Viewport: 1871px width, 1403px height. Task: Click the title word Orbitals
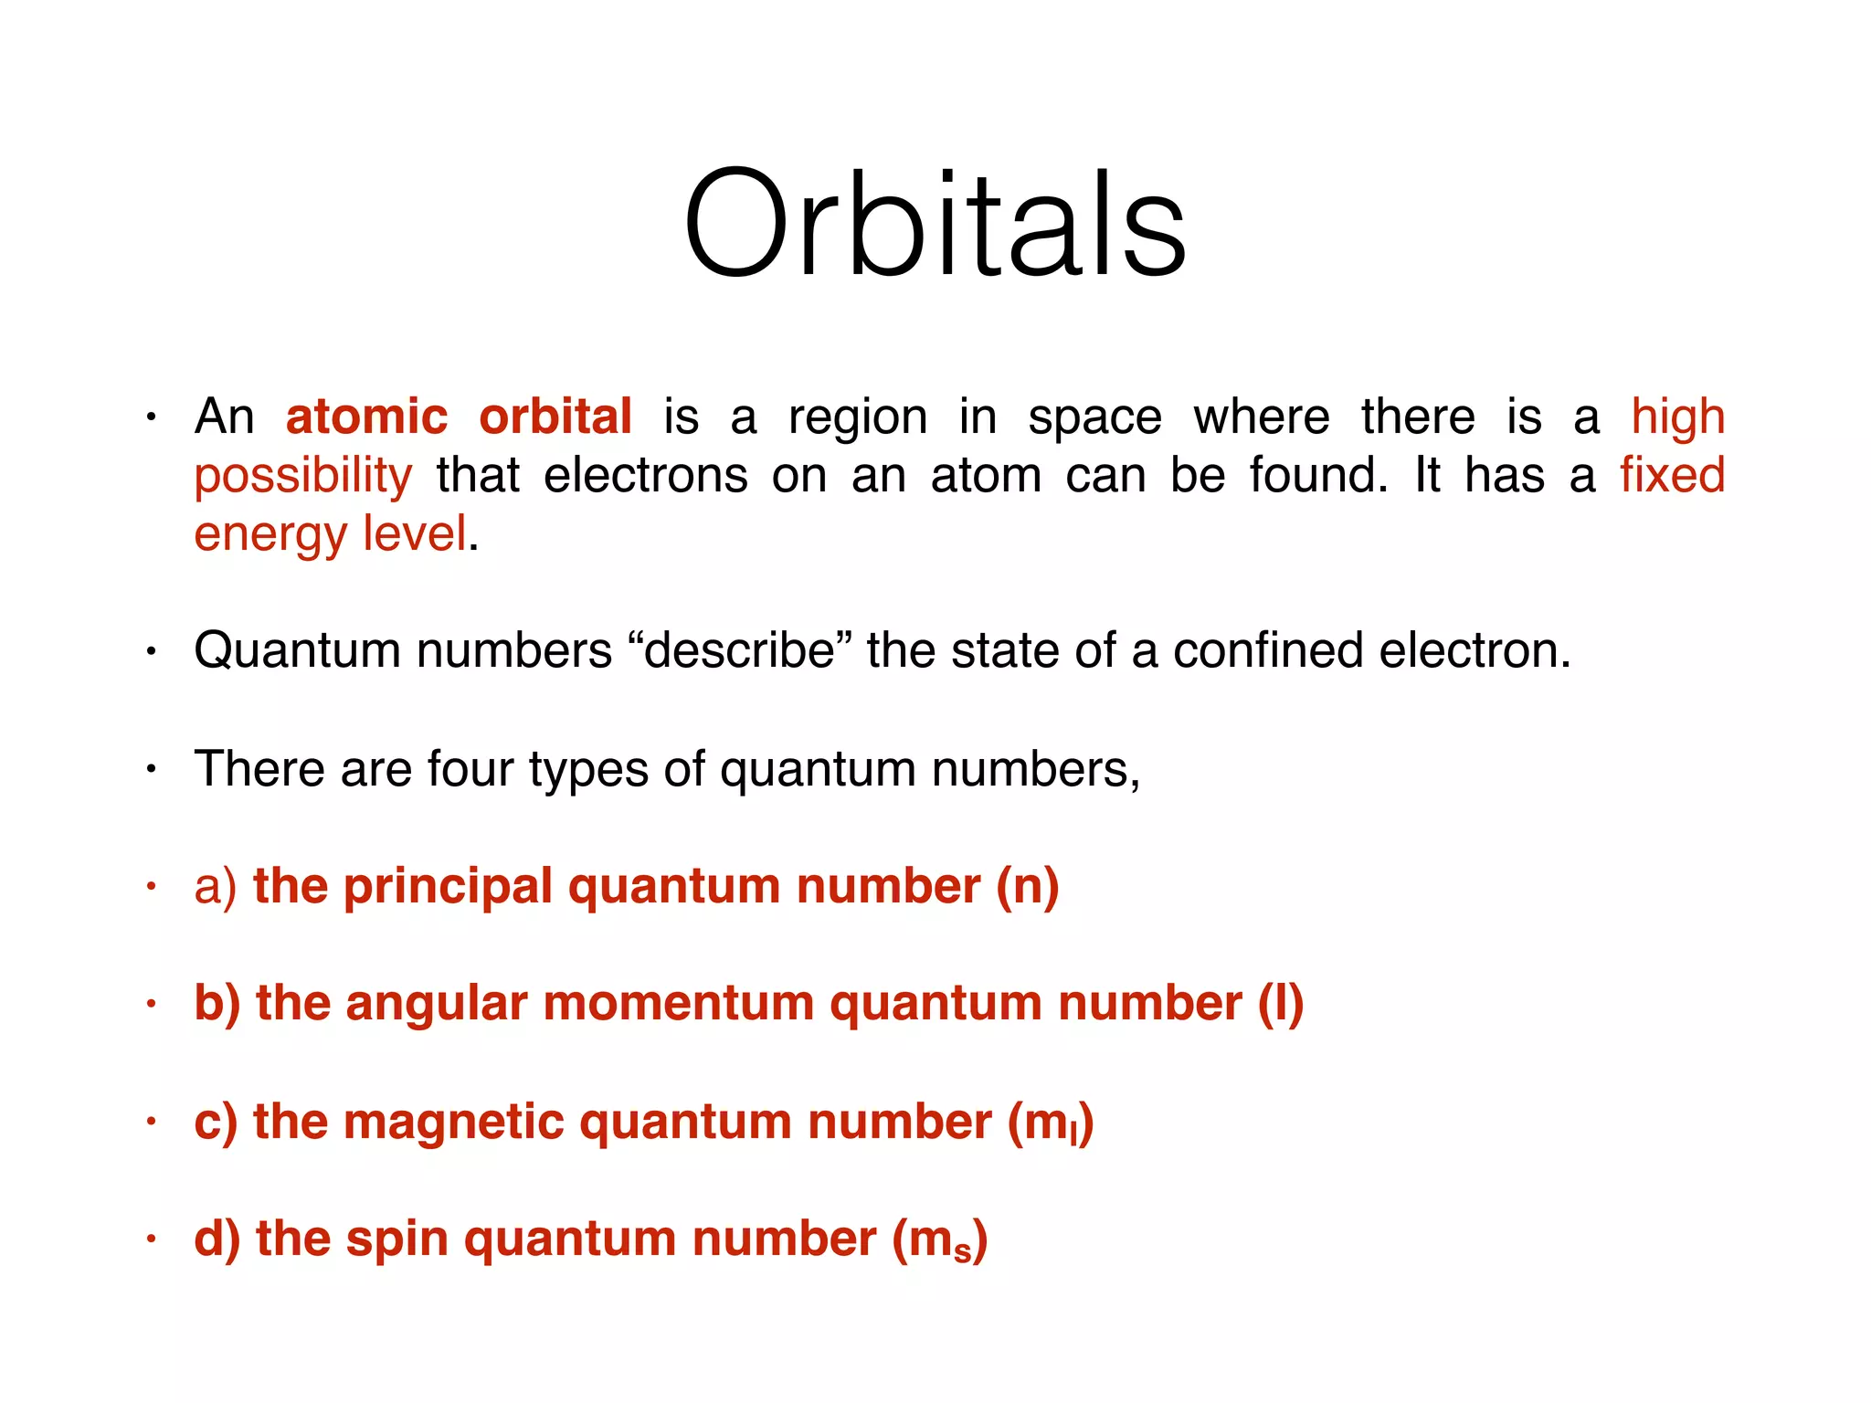click(x=935, y=224)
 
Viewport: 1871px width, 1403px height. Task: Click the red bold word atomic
click(x=366, y=417)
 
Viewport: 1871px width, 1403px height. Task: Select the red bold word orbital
click(x=555, y=417)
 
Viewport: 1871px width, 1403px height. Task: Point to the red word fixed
click(x=1672, y=475)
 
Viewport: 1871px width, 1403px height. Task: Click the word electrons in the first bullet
click(x=645, y=475)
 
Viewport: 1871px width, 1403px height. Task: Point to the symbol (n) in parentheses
click(x=1027, y=886)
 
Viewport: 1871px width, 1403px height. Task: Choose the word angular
click(x=437, y=1003)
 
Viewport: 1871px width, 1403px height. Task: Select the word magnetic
click(x=453, y=1122)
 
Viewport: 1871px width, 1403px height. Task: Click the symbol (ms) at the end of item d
click(x=939, y=1240)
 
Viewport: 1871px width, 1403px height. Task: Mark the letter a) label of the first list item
click(x=215, y=886)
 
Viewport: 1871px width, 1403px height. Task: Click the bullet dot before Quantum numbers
click(x=152, y=651)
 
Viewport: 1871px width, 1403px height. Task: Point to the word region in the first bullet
click(x=857, y=418)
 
